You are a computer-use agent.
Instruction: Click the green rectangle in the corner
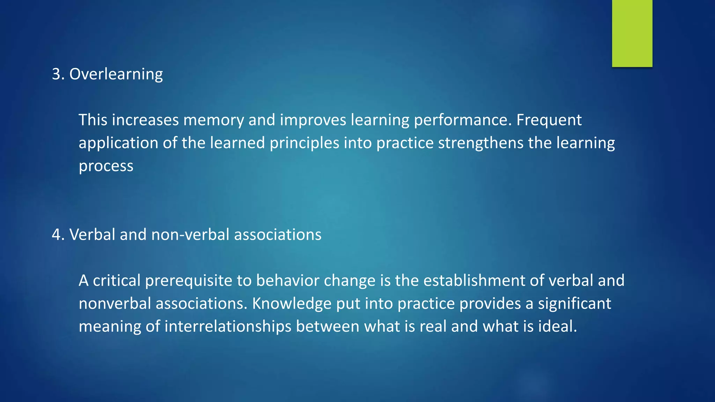point(632,33)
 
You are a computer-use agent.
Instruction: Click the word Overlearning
point(116,74)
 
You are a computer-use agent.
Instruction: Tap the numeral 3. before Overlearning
point(58,74)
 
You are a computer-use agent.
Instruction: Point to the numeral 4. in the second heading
point(58,234)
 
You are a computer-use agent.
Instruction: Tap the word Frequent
point(549,120)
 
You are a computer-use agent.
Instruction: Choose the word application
point(118,143)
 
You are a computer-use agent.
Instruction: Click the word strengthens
point(480,143)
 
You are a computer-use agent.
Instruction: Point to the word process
point(106,166)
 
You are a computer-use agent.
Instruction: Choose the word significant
point(574,304)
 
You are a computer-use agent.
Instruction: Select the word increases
point(146,120)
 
